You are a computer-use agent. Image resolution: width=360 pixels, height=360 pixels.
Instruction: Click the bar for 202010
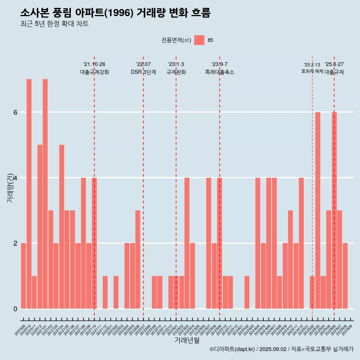pyautogui.click(x=29, y=193)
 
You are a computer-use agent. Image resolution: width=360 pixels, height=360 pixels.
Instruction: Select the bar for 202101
pyautogui.click(x=45, y=193)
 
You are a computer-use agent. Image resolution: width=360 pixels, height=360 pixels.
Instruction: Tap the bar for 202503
pyautogui.click(x=318, y=210)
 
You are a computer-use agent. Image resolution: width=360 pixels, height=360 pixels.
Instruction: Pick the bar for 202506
pyautogui.click(x=334, y=210)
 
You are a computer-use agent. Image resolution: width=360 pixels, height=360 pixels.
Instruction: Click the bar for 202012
pyautogui.click(x=40, y=226)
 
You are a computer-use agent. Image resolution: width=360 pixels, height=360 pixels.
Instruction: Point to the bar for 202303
pyautogui.click(x=187, y=243)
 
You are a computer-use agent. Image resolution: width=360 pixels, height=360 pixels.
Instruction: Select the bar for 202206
pyautogui.click(x=138, y=259)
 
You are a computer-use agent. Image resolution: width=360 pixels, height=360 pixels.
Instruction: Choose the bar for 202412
pyautogui.click(x=301, y=243)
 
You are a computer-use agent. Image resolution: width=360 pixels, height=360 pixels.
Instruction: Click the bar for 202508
pyautogui.click(x=345, y=276)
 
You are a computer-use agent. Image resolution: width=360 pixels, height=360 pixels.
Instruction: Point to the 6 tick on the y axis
pyautogui.click(x=15, y=112)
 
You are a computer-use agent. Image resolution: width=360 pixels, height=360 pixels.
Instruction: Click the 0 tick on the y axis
pyautogui.click(x=15, y=309)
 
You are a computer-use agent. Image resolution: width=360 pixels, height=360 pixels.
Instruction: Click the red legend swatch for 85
pyautogui.click(x=199, y=40)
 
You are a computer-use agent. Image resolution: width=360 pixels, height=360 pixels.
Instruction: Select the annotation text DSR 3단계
pyautogui.click(x=143, y=72)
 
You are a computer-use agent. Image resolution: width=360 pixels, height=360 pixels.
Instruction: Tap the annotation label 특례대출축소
pyautogui.click(x=220, y=72)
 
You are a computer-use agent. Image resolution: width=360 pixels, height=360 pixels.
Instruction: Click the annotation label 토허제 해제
pyautogui.click(x=312, y=71)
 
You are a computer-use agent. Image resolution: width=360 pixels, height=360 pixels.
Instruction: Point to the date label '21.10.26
pyautogui.click(x=94, y=64)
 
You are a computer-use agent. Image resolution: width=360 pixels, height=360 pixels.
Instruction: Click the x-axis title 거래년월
pyautogui.click(x=187, y=340)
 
